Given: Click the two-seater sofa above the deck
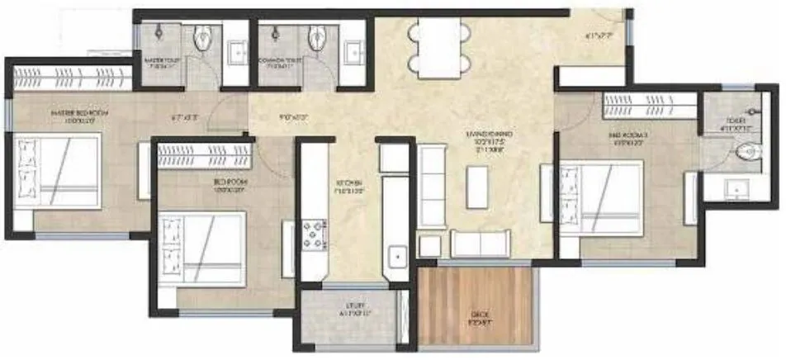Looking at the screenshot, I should (480, 244).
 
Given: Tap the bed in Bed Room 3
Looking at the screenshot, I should (601, 198).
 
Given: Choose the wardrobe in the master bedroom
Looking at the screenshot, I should (70, 78).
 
